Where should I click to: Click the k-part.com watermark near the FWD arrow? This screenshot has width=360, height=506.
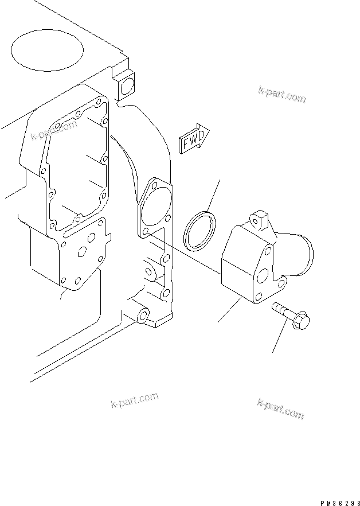pyautogui.click(x=281, y=95)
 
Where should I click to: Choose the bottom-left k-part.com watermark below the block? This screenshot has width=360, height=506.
pyautogui.click(x=134, y=401)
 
